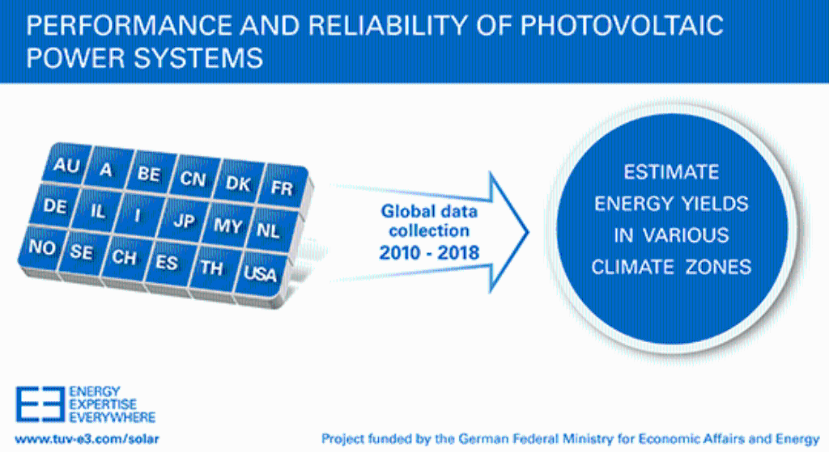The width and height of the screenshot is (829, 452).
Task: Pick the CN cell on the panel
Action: tap(193, 179)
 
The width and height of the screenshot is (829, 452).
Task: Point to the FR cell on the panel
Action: tap(282, 188)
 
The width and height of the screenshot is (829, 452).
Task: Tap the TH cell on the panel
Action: tap(211, 268)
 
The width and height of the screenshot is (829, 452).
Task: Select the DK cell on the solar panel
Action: tap(238, 184)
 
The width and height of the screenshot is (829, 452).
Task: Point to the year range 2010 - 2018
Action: tap(429, 252)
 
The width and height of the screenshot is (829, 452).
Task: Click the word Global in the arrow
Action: tap(406, 213)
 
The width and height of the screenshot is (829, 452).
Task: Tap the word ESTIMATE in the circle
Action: tap(671, 172)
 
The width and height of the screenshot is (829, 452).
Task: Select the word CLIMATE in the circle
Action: tap(630, 267)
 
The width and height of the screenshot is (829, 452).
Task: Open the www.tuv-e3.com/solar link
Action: tap(76, 438)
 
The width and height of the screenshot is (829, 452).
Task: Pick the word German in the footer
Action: tap(478, 438)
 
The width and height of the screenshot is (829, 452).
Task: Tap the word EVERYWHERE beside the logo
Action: tap(114, 417)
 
